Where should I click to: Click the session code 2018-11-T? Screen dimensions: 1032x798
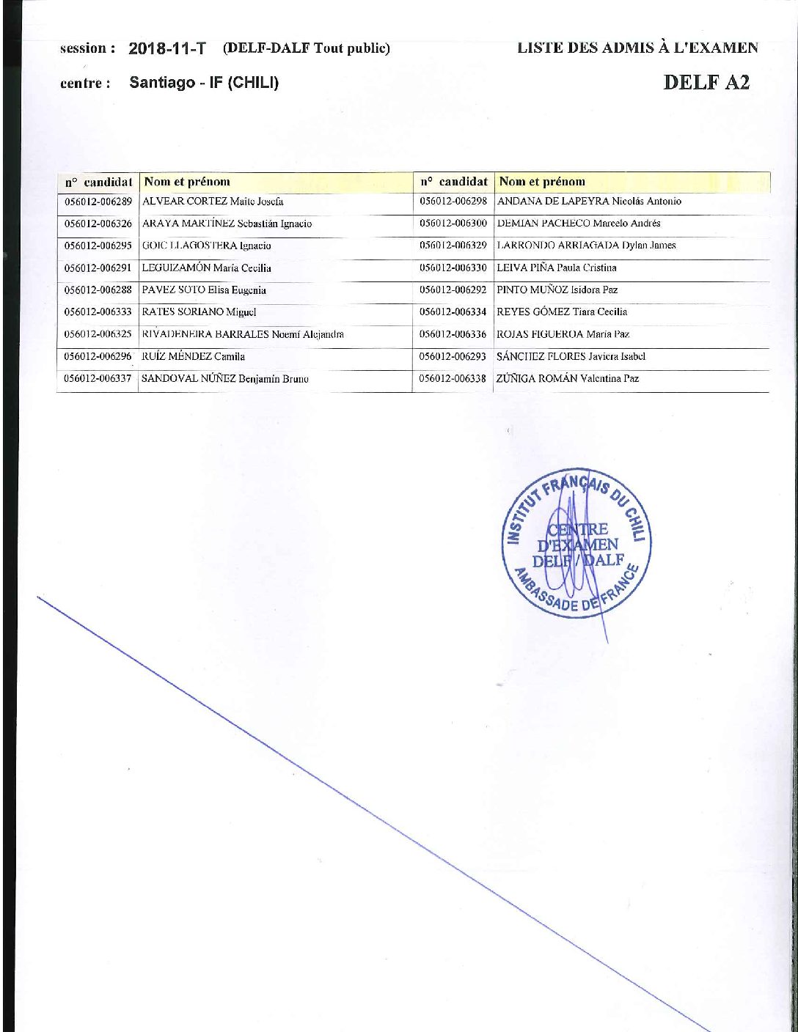167,49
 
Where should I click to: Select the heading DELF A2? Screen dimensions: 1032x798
706,82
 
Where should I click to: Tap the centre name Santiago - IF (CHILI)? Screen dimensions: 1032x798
204,83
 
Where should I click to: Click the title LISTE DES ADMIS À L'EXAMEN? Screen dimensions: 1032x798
637,48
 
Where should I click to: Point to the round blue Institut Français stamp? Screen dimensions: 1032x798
573,543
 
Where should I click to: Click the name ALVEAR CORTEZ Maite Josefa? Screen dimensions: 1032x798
213,202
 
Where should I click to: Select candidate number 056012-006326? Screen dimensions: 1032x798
98,224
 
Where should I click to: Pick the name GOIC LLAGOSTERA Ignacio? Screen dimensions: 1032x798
206,246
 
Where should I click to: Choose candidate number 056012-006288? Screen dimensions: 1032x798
98,290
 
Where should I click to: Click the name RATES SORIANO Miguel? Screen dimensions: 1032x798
199,312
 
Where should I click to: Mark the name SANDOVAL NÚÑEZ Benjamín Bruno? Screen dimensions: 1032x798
224,379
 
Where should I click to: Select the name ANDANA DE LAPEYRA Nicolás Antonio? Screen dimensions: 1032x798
589,202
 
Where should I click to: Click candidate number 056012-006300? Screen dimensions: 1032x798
453,224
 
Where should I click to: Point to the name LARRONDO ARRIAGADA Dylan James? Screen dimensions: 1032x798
586,246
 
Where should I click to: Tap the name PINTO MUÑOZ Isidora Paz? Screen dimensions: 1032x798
557,290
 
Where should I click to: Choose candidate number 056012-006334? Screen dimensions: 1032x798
453,312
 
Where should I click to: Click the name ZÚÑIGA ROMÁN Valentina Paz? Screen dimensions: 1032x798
568,379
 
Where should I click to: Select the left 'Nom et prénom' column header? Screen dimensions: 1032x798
186,182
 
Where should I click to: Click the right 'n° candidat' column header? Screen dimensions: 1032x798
454,181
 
